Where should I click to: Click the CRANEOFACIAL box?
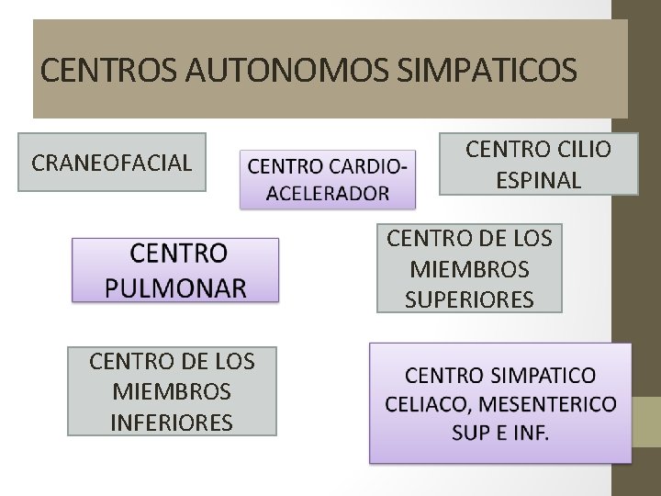[x=112, y=163]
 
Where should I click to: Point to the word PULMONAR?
[x=175, y=287]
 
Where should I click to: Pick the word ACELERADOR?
[x=328, y=193]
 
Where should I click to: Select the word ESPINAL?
[x=539, y=180]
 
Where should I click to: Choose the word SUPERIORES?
[x=469, y=299]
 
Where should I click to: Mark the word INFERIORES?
[x=172, y=422]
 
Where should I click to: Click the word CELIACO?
[x=427, y=404]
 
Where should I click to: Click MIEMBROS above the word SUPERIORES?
[x=469, y=269]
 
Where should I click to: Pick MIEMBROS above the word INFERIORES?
[x=172, y=391]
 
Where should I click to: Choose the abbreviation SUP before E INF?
[x=471, y=433]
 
